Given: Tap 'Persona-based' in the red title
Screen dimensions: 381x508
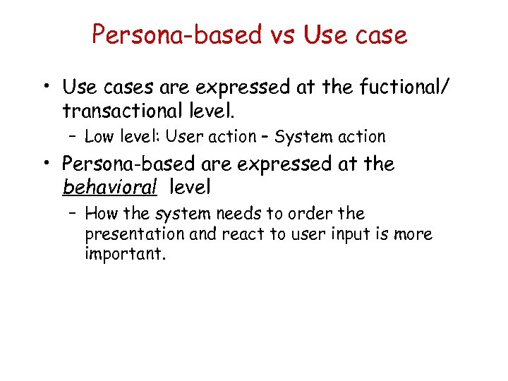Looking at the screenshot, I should (x=176, y=35).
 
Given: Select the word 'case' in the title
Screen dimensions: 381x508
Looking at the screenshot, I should (x=381, y=35).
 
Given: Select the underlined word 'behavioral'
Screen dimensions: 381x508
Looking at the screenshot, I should (x=109, y=188).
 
